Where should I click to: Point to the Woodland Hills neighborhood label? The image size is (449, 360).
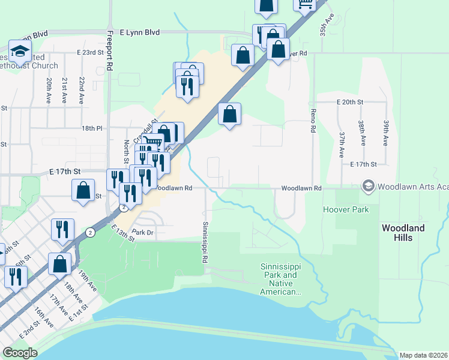403,233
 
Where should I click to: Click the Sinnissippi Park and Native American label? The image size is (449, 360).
280,279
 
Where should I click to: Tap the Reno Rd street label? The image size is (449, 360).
313,118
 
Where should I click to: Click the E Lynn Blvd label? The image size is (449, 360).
140,32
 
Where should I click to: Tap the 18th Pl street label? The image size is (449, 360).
92,128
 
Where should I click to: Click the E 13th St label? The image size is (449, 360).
123,233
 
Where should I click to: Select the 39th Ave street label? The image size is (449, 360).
387,132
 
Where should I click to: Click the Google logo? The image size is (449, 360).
20,353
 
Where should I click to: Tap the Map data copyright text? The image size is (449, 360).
423,355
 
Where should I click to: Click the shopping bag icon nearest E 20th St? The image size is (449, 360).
230,114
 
